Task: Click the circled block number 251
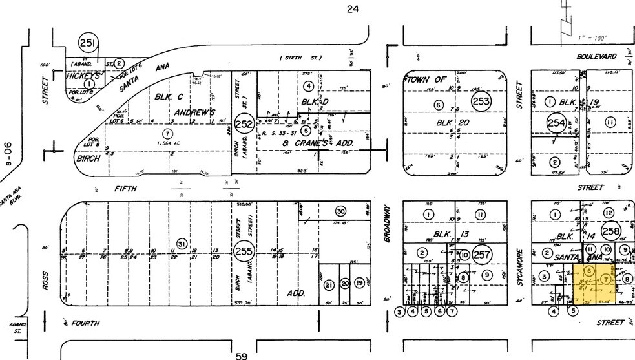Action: [x=88, y=44]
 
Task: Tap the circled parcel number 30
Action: [x=341, y=211]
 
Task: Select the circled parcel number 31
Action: [x=182, y=244]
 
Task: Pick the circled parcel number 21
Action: [x=328, y=284]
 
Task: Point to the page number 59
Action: [x=241, y=355]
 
